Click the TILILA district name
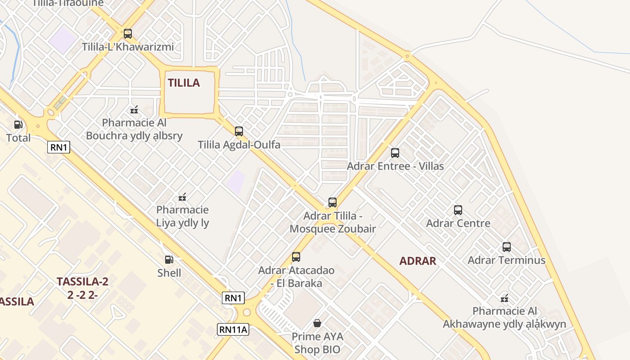tap(184, 83)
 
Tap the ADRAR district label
tap(418, 261)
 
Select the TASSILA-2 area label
tap(82, 282)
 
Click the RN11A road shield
tap(233, 329)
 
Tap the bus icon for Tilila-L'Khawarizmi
tap(128, 34)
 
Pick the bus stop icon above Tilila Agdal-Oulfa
tap(239, 131)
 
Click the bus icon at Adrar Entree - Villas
tap(395, 153)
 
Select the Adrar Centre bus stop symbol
tap(458, 210)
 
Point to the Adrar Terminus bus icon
tap(507, 247)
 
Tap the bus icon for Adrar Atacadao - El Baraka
tap(296, 257)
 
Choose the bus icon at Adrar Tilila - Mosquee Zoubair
tap(333, 202)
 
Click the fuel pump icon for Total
tap(18, 125)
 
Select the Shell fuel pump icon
tap(169, 260)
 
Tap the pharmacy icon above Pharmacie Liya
tap(182, 197)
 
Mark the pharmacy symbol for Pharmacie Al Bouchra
tap(134, 109)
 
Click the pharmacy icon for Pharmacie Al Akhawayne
tap(504, 298)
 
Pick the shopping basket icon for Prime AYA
tap(317, 323)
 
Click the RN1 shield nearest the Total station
tap(59, 147)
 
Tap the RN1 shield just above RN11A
tap(233, 298)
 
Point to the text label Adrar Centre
tap(458, 223)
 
